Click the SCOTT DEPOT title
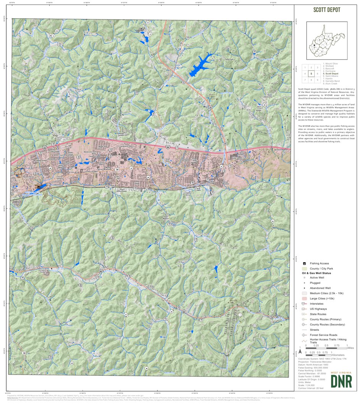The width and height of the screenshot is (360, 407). tap(326, 10)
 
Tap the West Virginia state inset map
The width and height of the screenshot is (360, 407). tap(327, 41)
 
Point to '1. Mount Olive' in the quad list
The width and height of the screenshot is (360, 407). tap(331, 64)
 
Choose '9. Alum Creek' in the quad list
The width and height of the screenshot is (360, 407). tap(331, 84)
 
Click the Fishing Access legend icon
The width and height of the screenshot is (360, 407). tap(304, 263)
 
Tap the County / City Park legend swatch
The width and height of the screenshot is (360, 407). tap(304, 268)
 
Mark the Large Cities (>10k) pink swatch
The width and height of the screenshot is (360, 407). tap(304, 298)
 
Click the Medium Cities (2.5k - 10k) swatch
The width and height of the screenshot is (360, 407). tap(304, 293)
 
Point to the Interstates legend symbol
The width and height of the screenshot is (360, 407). tap(304, 304)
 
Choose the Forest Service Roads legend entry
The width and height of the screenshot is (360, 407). tap(324, 335)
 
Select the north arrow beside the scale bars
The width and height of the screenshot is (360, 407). tap(300, 350)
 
